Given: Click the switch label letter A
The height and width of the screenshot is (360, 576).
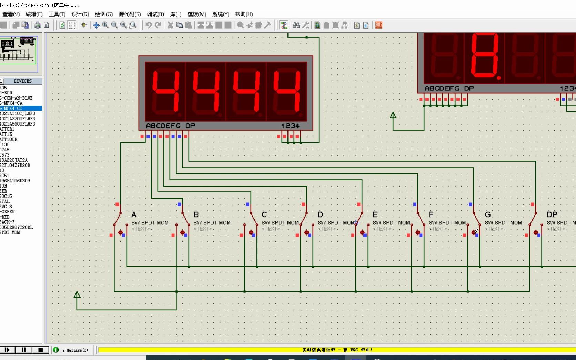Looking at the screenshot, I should tap(134, 214).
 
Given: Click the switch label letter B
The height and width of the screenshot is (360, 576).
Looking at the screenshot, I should tap(196, 214).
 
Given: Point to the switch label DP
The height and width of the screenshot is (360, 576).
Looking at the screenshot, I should tap(552, 214).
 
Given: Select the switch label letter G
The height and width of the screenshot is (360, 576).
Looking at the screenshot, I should tap(488, 214).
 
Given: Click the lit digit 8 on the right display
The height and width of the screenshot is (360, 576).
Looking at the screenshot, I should tap(485, 55).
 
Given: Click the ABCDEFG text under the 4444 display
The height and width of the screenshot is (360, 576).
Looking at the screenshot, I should tap(163, 126).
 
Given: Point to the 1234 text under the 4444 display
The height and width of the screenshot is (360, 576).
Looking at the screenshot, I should tap(290, 126).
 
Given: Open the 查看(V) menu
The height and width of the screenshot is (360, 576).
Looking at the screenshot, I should tap(11, 14).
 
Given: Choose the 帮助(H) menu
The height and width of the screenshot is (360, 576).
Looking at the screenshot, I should tap(244, 14).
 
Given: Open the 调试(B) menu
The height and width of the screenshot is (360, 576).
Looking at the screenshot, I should tap(155, 14).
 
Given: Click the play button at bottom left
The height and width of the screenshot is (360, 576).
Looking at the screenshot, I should tap(7, 350).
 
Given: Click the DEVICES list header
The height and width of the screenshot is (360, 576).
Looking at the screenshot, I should tap(22, 81).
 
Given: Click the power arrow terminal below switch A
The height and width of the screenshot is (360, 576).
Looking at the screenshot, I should tap(77, 295).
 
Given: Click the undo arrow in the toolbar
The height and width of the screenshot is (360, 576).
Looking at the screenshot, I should tap(149, 25).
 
